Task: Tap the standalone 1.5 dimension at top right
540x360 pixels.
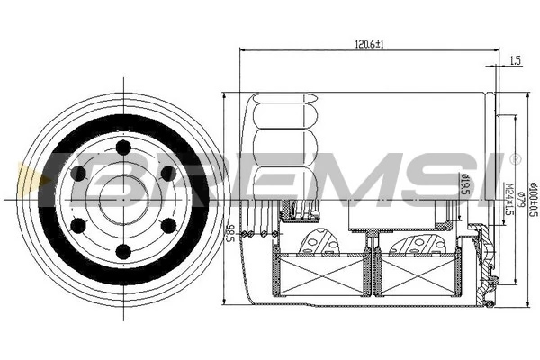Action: pyautogui.click(x=515, y=61)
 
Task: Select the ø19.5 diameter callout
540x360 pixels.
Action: pyautogui.click(x=466, y=184)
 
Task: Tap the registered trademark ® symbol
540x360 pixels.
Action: pyautogui.click(x=515, y=159)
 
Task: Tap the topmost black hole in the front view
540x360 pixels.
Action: pyautogui.click(x=121, y=145)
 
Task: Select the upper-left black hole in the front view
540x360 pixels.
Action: pyautogui.click(x=78, y=171)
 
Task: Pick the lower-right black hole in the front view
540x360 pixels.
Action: pyautogui.click(x=166, y=224)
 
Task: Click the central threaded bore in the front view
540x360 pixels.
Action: pyautogui.click(x=122, y=198)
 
